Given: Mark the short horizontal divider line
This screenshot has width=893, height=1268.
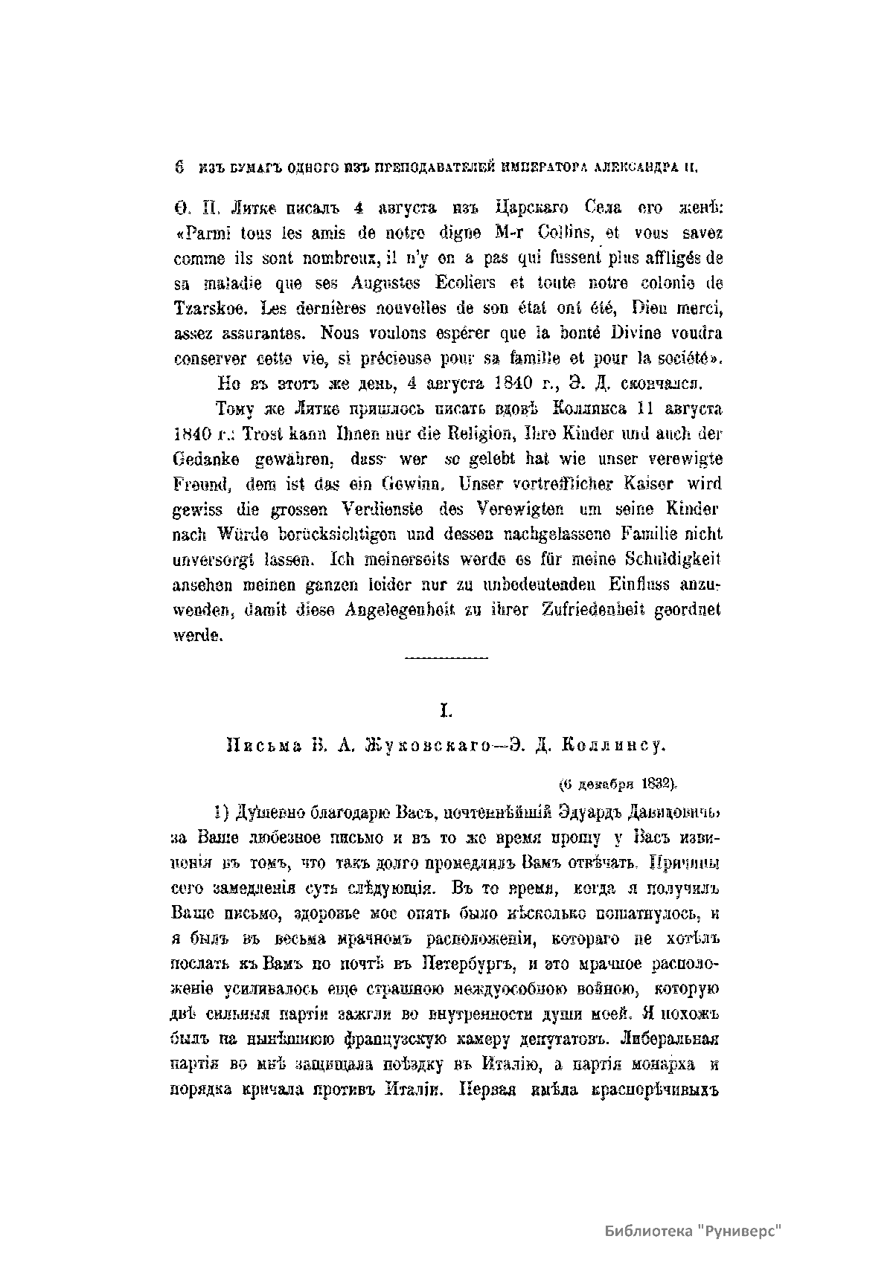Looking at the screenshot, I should coord(446,657).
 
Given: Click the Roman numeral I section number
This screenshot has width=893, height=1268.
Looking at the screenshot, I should coord(446,712).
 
